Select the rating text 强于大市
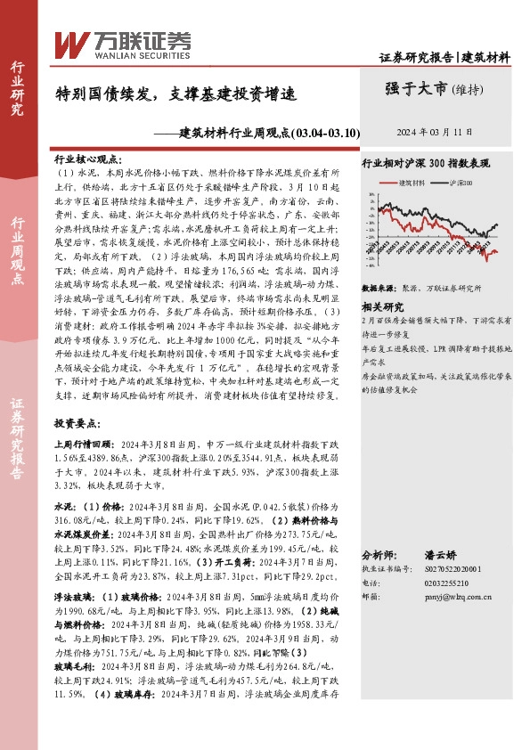tap(415, 87)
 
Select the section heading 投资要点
tap(77, 422)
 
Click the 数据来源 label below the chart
tap(378, 289)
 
